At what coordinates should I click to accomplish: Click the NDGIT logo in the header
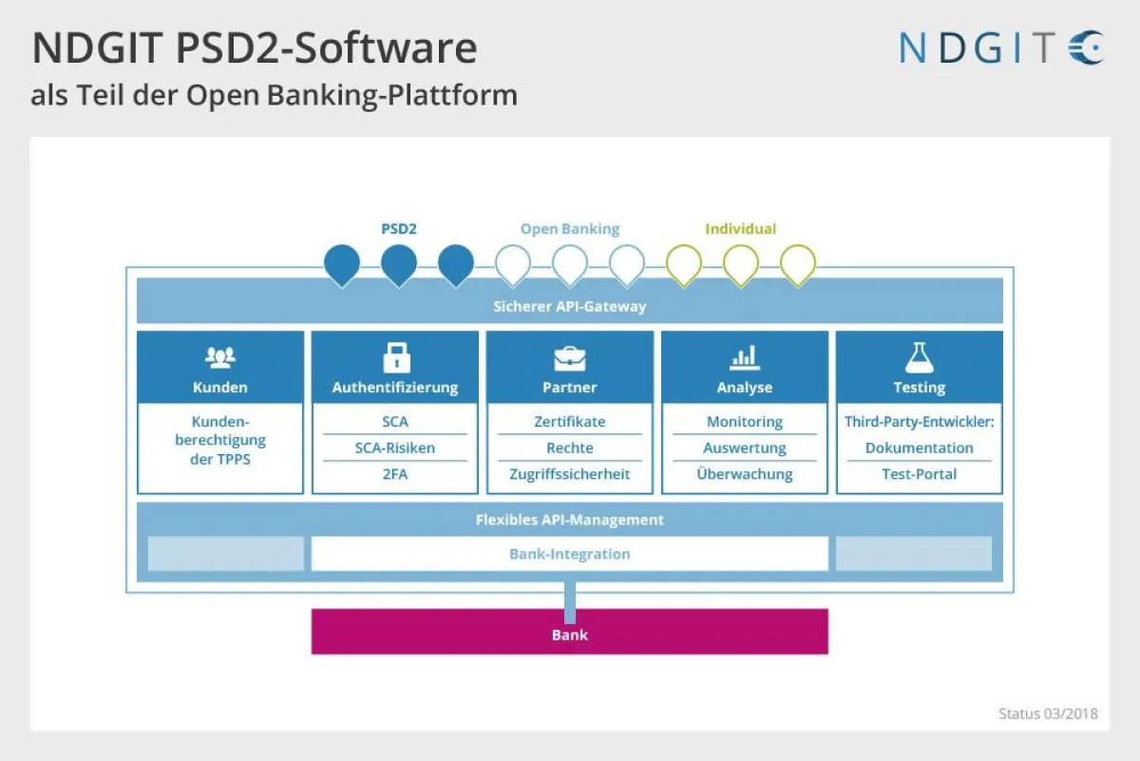[x=1001, y=48]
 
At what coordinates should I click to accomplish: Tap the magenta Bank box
[x=569, y=633]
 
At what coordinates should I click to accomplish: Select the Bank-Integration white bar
[x=569, y=554]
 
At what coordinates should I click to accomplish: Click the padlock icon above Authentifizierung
[x=395, y=358]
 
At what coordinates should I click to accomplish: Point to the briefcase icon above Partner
[x=570, y=358]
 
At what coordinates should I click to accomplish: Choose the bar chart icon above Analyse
[x=745, y=358]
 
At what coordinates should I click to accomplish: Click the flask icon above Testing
[x=919, y=357]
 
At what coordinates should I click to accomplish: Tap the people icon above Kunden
[x=220, y=358]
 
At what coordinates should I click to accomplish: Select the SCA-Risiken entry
[x=395, y=447]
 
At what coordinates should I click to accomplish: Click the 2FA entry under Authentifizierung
[x=395, y=474]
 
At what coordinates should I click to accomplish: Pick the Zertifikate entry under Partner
[x=570, y=421]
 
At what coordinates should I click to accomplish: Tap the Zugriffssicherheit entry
[x=570, y=474]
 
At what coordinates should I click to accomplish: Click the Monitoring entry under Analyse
[x=745, y=421]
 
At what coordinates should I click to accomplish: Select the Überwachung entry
[x=745, y=474]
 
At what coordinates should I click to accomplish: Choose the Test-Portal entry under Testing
[x=919, y=474]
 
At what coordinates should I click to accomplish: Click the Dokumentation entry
[x=919, y=447]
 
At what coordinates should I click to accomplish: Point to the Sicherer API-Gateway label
[x=569, y=307]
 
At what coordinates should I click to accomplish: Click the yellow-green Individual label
[x=740, y=229]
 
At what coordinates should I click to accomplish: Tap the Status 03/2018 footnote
[x=1048, y=713]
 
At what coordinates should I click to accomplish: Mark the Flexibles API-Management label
[x=569, y=520]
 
